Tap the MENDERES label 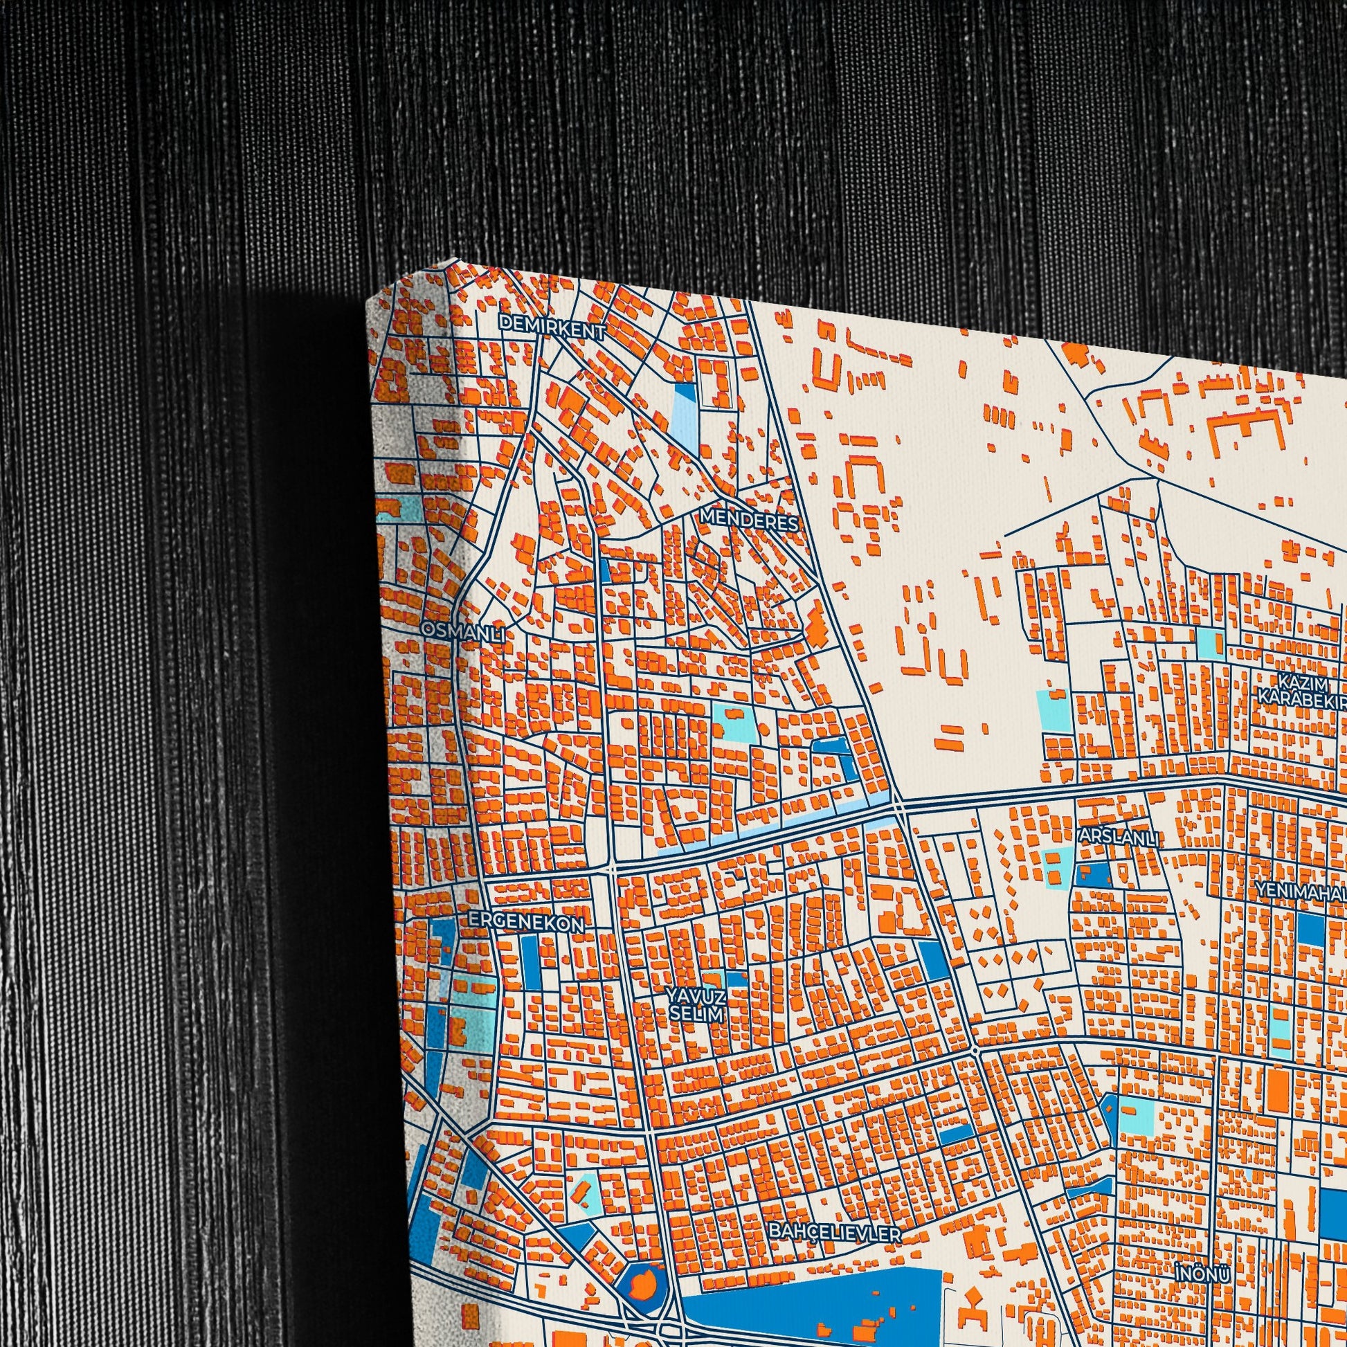pos(749,519)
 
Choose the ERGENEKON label pos(525,923)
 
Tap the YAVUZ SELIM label pos(695,1004)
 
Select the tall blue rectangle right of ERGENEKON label pos(530,959)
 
